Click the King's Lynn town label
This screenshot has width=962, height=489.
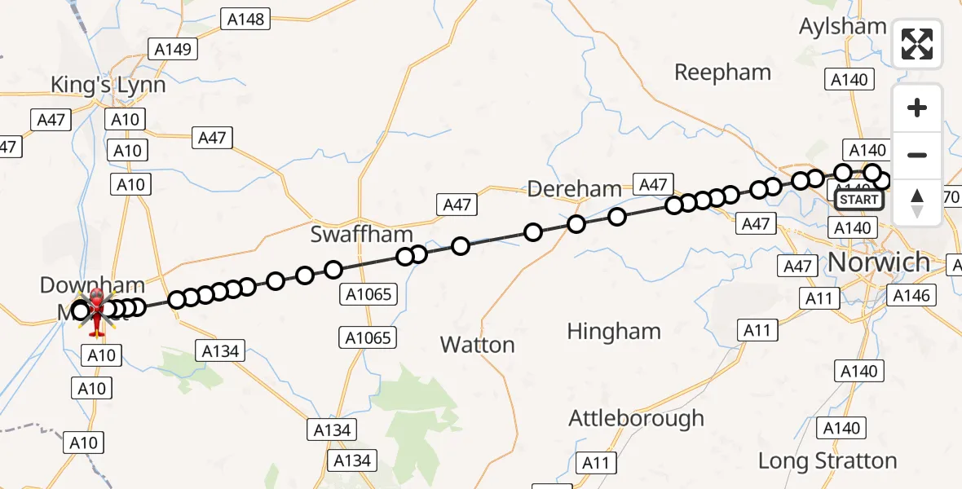coord(108,85)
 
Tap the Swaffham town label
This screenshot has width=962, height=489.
coord(362,236)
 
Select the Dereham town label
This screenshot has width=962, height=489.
coord(574,189)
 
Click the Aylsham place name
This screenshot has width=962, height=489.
coord(842,26)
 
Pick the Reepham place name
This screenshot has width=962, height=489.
coord(722,73)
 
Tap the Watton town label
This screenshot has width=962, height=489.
coord(477,345)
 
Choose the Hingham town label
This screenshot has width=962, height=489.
coord(614,332)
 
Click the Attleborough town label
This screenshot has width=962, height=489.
coord(636,419)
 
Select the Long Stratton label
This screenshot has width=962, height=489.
coord(827,460)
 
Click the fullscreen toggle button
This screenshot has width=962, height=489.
coord(917,44)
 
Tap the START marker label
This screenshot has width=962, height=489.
coord(859,200)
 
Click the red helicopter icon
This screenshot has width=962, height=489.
coord(97,312)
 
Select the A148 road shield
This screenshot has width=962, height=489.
coord(245,19)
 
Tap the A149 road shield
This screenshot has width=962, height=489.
coord(174,50)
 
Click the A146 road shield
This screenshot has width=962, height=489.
coord(911,296)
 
